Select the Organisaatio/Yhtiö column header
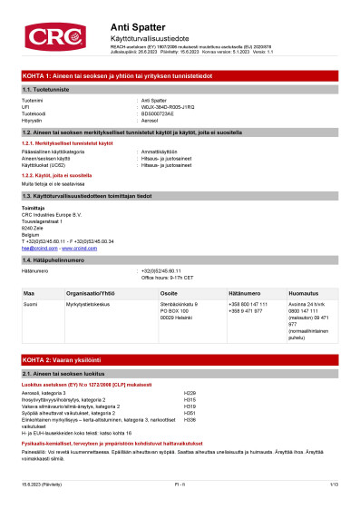101,294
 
